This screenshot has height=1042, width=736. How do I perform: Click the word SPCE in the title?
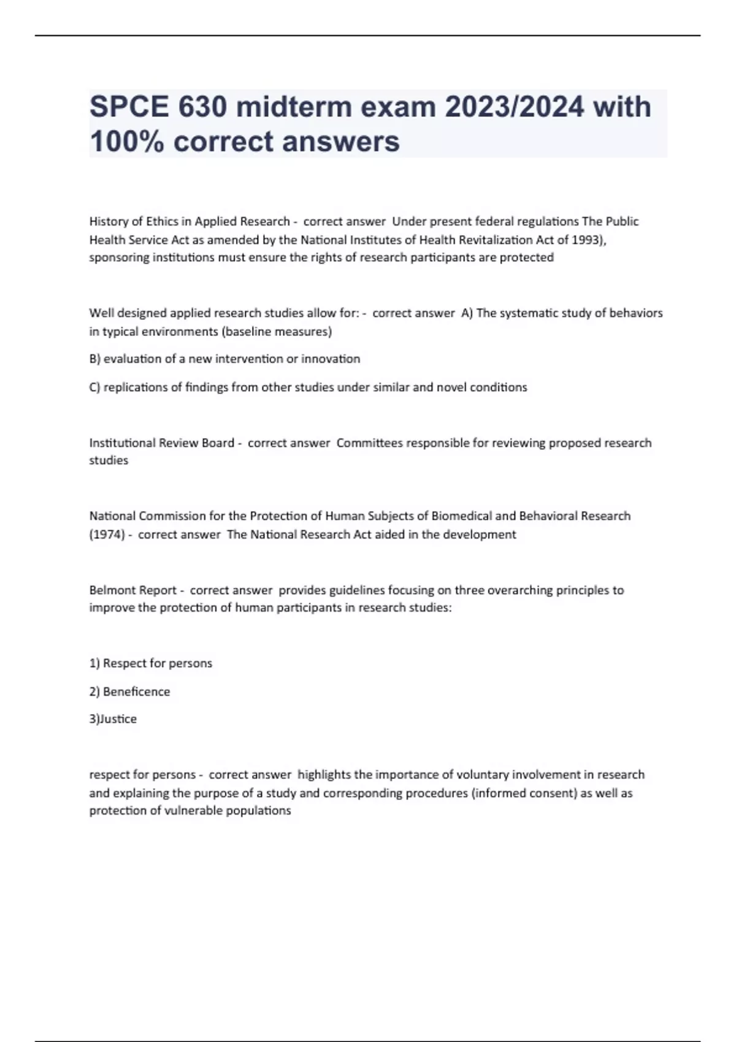129,107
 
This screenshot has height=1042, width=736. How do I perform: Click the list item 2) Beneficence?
129,691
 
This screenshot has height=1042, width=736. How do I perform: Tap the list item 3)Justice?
113,719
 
